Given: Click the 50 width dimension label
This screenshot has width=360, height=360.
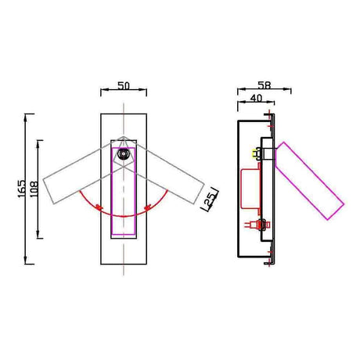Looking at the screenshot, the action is pos(124,85).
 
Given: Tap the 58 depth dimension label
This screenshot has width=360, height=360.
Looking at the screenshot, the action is pos(265,85).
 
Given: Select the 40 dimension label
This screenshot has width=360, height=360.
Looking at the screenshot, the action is pos(256,98).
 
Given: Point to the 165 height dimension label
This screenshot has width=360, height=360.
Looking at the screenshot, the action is pos(22,189).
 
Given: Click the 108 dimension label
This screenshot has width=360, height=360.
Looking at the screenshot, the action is pos(34,189).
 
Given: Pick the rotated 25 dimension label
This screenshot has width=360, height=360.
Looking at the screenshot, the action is pos(211,199).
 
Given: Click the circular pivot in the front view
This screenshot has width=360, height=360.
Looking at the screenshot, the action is pos(124,154).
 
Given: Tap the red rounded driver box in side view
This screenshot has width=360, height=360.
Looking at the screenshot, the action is pos(250,189).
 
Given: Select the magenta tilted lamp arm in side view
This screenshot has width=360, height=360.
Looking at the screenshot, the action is pos(309,181).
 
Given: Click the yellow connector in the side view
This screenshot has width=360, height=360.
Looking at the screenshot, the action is pos(254,153).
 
